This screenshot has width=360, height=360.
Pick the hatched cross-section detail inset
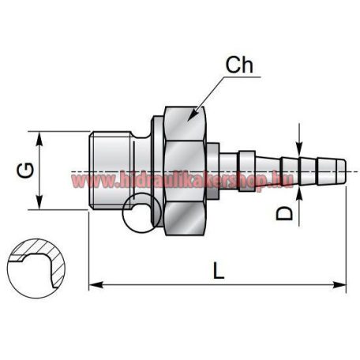36,261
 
